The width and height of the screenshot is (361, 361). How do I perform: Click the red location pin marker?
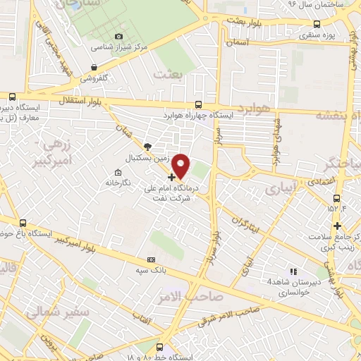pyautogui.click(x=181, y=166)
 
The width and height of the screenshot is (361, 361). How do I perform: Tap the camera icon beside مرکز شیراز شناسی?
pyautogui.click(x=118, y=36)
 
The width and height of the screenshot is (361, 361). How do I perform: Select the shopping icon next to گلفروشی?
pyautogui.click(x=94, y=68)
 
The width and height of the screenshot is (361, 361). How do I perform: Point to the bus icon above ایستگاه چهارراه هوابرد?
pyautogui.click(x=198, y=103)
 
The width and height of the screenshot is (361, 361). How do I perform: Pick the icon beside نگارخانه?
pyautogui.click(x=118, y=172)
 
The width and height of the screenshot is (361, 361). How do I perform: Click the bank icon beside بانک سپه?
pyautogui.click(x=150, y=259)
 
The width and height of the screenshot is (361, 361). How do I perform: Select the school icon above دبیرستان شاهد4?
pyautogui.click(x=294, y=271)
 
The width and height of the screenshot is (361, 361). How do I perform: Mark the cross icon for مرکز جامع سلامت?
pyautogui.click(x=338, y=226)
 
